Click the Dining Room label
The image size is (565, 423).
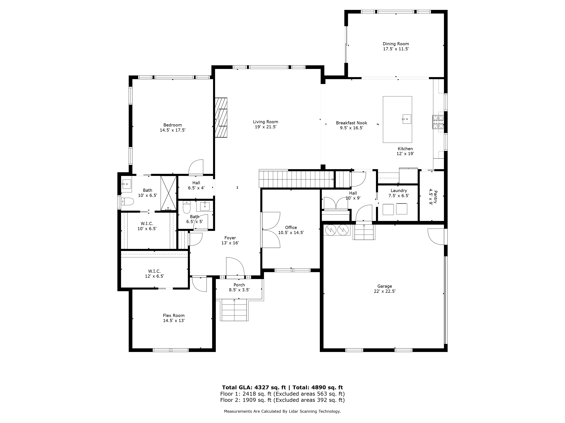click(396, 44)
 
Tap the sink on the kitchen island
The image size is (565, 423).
click(407, 119)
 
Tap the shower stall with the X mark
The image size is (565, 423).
click(168, 193)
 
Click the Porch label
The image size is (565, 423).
click(239, 285)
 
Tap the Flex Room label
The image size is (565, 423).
click(174, 315)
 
